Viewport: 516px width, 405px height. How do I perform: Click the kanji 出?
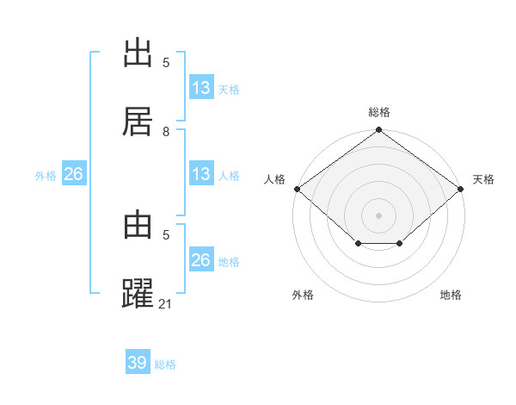click(138, 53)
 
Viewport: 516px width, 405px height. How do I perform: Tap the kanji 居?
click(138, 121)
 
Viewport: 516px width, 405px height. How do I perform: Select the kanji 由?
click(138, 226)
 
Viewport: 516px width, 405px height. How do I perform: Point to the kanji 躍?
click(138, 294)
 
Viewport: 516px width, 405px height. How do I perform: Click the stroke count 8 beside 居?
click(166, 131)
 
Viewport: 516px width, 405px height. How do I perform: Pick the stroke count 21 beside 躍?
click(166, 303)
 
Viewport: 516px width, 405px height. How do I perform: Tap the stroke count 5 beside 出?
click(166, 63)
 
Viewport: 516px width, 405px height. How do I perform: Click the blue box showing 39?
click(138, 363)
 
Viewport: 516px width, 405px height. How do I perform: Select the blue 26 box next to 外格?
click(74, 174)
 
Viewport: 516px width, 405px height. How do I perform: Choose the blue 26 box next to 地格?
click(201, 260)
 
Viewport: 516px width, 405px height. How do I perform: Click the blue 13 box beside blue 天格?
click(201, 88)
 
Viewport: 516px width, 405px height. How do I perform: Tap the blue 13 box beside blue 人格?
click(201, 174)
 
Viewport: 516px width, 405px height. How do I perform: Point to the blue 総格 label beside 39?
click(165, 364)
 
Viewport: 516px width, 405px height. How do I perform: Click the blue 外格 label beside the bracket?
click(46, 176)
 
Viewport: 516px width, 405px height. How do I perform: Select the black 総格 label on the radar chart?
click(379, 112)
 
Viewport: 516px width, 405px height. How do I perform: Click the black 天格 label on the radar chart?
click(483, 179)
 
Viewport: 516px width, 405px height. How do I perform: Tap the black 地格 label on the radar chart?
click(451, 295)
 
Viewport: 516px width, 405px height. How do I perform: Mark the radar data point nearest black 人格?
click(297, 189)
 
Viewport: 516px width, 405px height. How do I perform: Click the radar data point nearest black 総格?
click(379, 131)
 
